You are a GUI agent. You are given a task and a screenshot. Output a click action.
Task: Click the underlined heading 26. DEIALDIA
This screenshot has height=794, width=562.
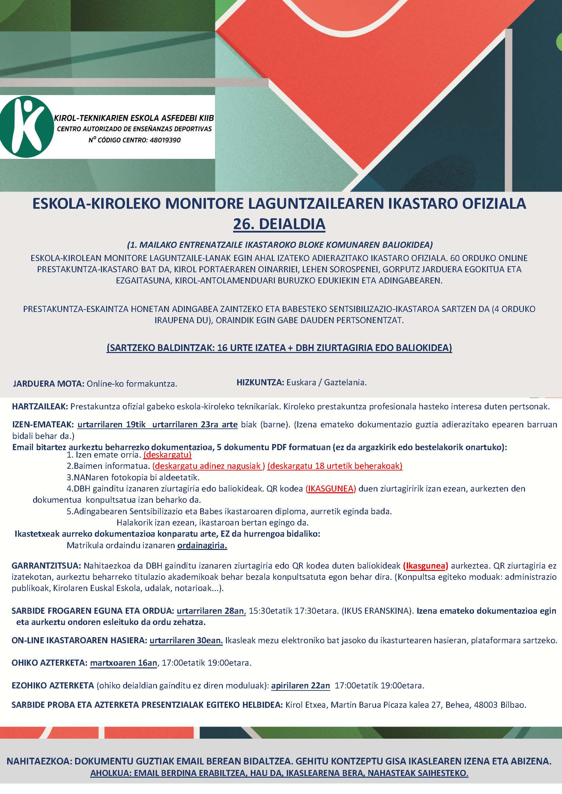[x=279, y=224]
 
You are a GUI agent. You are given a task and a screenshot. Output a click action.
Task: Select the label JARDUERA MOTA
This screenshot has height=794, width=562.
[x=49, y=384]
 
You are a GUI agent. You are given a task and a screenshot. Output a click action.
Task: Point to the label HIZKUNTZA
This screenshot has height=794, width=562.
[x=260, y=383]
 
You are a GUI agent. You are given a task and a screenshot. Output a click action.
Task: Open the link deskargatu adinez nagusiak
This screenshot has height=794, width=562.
[x=208, y=466]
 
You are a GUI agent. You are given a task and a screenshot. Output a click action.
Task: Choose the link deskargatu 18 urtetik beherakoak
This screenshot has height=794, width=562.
[x=335, y=466]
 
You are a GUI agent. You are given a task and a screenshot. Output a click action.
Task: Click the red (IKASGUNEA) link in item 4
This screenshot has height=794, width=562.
[x=331, y=488]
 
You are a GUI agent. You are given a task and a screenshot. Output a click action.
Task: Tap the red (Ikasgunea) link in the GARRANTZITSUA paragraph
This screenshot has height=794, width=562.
[x=426, y=566]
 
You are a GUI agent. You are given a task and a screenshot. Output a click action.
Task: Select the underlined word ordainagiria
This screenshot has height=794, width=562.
[x=202, y=546]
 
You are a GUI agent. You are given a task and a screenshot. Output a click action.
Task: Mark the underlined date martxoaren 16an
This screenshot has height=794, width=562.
[x=124, y=663]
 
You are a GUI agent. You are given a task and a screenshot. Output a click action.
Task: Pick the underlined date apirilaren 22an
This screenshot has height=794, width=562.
[x=300, y=686]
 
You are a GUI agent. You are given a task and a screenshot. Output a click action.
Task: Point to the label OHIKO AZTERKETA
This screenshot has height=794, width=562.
[x=50, y=663]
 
